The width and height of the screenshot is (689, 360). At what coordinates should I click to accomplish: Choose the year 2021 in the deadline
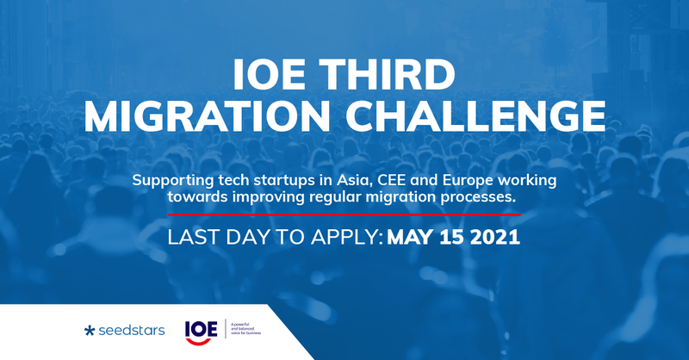pyautogui.click(x=498, y=235)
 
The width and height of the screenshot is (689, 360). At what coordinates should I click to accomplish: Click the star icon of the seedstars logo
pyautogui.click(x=90, y=328)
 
